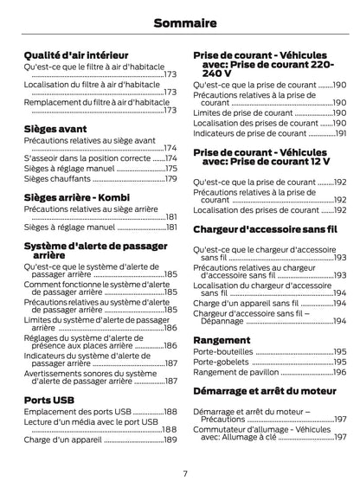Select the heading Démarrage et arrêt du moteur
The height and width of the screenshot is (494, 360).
pyautogui.click(x=264, y=393)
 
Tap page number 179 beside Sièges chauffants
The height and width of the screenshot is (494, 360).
pyautogui.click(x=170, y=179)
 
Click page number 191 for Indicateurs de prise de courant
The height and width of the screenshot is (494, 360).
pyautogui.click(x=340, y=134)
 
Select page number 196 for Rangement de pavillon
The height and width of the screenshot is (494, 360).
pyautogui.click(x=340, y=372)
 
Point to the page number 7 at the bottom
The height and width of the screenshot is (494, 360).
pyautogui.click(x=184, y=473)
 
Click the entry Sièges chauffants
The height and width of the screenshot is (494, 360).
pyautogui.click(x=56, y=179)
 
